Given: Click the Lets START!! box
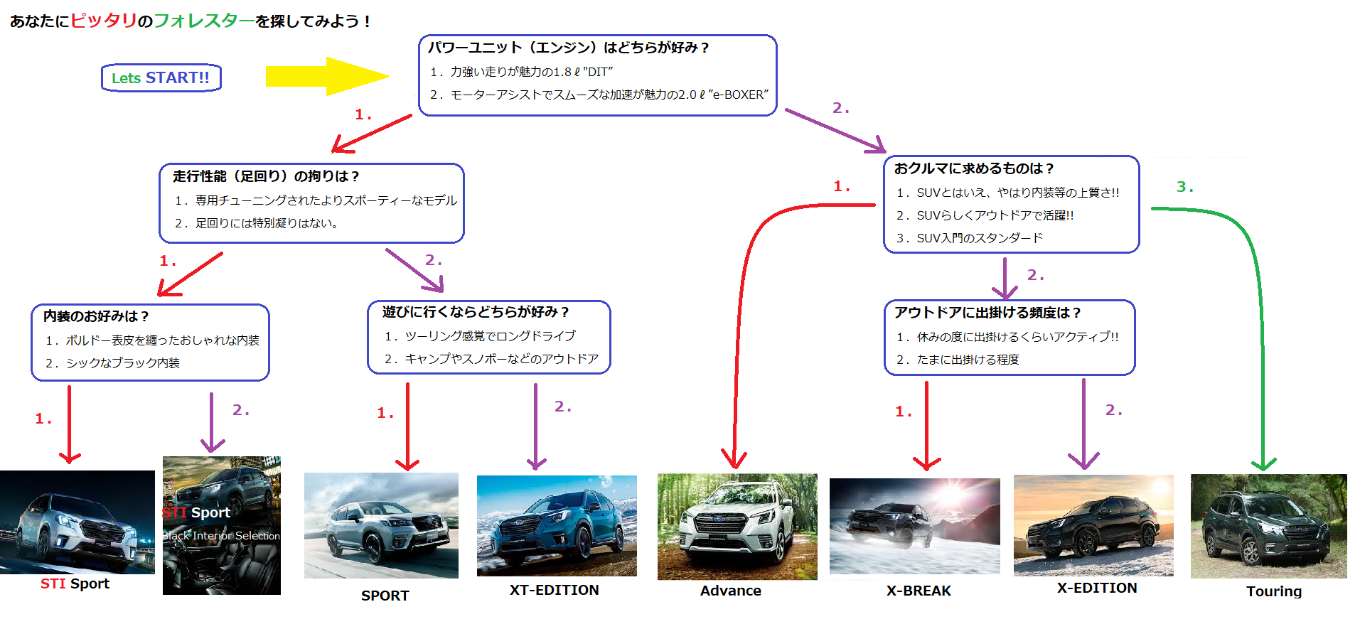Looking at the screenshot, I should pos(161,78).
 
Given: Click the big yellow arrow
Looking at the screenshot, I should pos(323,76).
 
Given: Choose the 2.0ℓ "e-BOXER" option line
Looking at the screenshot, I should pos(599,95).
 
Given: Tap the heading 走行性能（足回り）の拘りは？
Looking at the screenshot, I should pos(266,176).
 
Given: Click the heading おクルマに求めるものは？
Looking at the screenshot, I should pos(973,168).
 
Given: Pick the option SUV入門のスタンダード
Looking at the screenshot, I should pos(970,238).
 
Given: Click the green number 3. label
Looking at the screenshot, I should pos(1184,187).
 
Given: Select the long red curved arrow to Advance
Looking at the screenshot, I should pos(743,298).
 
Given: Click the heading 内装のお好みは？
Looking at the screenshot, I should pos(96,316).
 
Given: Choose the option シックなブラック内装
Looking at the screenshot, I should pos(113,363).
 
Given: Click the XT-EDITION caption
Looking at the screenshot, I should pos(554,590).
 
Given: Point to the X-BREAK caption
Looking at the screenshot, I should pos(919,591).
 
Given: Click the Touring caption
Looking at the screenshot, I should pos(1273,591).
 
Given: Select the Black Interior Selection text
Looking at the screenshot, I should pos(221,536).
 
